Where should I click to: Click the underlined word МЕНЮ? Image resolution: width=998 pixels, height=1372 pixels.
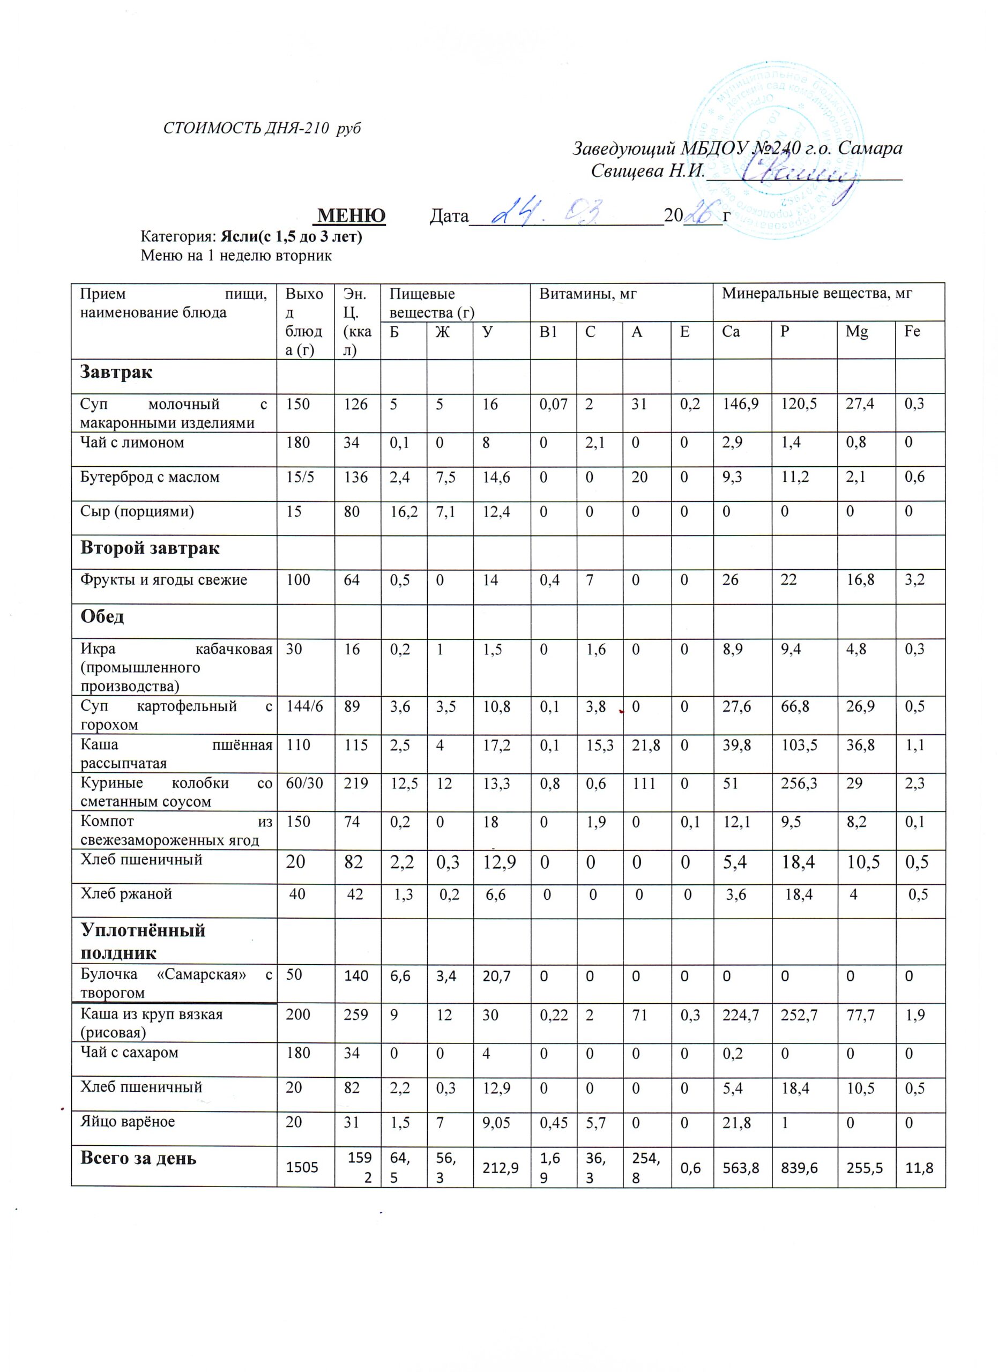coord(352,215)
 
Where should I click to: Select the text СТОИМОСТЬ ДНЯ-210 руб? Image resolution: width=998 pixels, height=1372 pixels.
coord(262,128)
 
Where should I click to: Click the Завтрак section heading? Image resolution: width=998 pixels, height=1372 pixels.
coord(116,372)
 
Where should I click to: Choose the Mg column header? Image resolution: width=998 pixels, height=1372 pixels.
coord(857,332)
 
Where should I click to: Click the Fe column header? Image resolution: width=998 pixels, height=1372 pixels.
coord(912,332)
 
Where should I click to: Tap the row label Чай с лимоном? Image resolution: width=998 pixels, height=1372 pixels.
coord(132,443)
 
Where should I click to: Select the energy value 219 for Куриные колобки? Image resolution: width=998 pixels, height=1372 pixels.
coord(356,784)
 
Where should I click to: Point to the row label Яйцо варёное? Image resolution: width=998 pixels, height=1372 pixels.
coord(127,1122)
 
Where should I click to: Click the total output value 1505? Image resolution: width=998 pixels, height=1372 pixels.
coord(302,1167)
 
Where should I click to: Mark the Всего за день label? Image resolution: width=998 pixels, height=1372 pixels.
coord(138,1159)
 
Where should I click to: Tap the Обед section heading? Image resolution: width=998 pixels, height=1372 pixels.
coord(102,616)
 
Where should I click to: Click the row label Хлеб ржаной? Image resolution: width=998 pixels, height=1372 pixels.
coord(126,893)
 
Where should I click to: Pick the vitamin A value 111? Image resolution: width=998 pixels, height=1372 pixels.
coord(644,784)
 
